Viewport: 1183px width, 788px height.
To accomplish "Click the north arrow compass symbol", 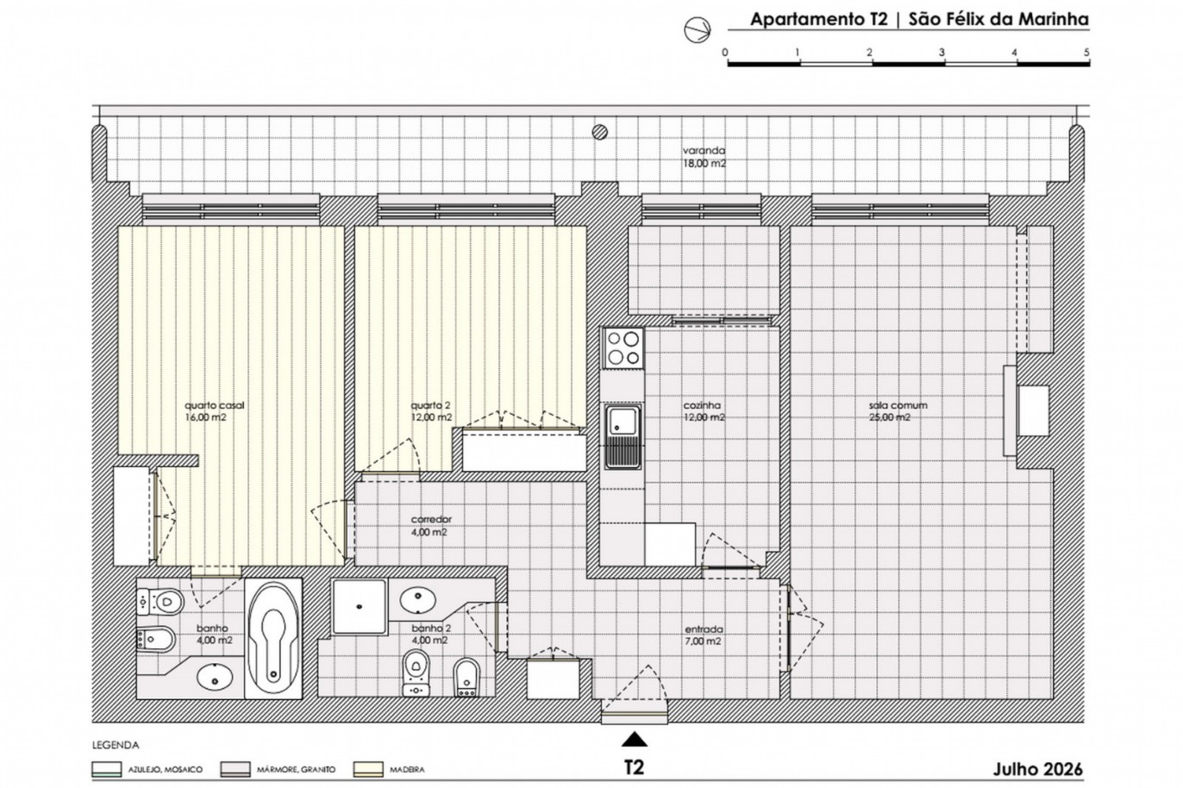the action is (697, 29).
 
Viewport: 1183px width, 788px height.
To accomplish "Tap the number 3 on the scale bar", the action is (942, 53).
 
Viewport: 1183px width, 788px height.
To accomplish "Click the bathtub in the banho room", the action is (273, 639).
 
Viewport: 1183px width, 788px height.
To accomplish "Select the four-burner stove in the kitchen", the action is (623, 348).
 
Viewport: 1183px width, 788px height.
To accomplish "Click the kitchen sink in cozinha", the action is (623, 436).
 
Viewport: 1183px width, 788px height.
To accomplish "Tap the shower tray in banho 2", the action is (360, 606).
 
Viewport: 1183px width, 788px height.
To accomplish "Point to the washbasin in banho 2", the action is (417, 601).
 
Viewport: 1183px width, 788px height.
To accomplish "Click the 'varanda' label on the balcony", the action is (704, 151).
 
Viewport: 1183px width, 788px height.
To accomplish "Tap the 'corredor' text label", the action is (431, 520).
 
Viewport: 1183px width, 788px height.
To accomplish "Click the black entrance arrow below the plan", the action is (635, 740).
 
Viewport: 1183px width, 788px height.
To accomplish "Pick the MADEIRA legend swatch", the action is (368, 770).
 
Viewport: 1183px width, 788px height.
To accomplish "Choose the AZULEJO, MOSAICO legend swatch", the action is (107, 770).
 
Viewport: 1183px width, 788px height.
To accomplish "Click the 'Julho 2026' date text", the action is (1038, 769).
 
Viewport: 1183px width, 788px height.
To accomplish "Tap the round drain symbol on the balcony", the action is (600, 132).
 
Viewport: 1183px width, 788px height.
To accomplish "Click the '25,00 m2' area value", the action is (890, 417).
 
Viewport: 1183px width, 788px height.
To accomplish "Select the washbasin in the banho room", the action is (215, 676).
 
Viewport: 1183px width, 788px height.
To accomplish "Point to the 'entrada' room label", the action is (704, 629).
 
